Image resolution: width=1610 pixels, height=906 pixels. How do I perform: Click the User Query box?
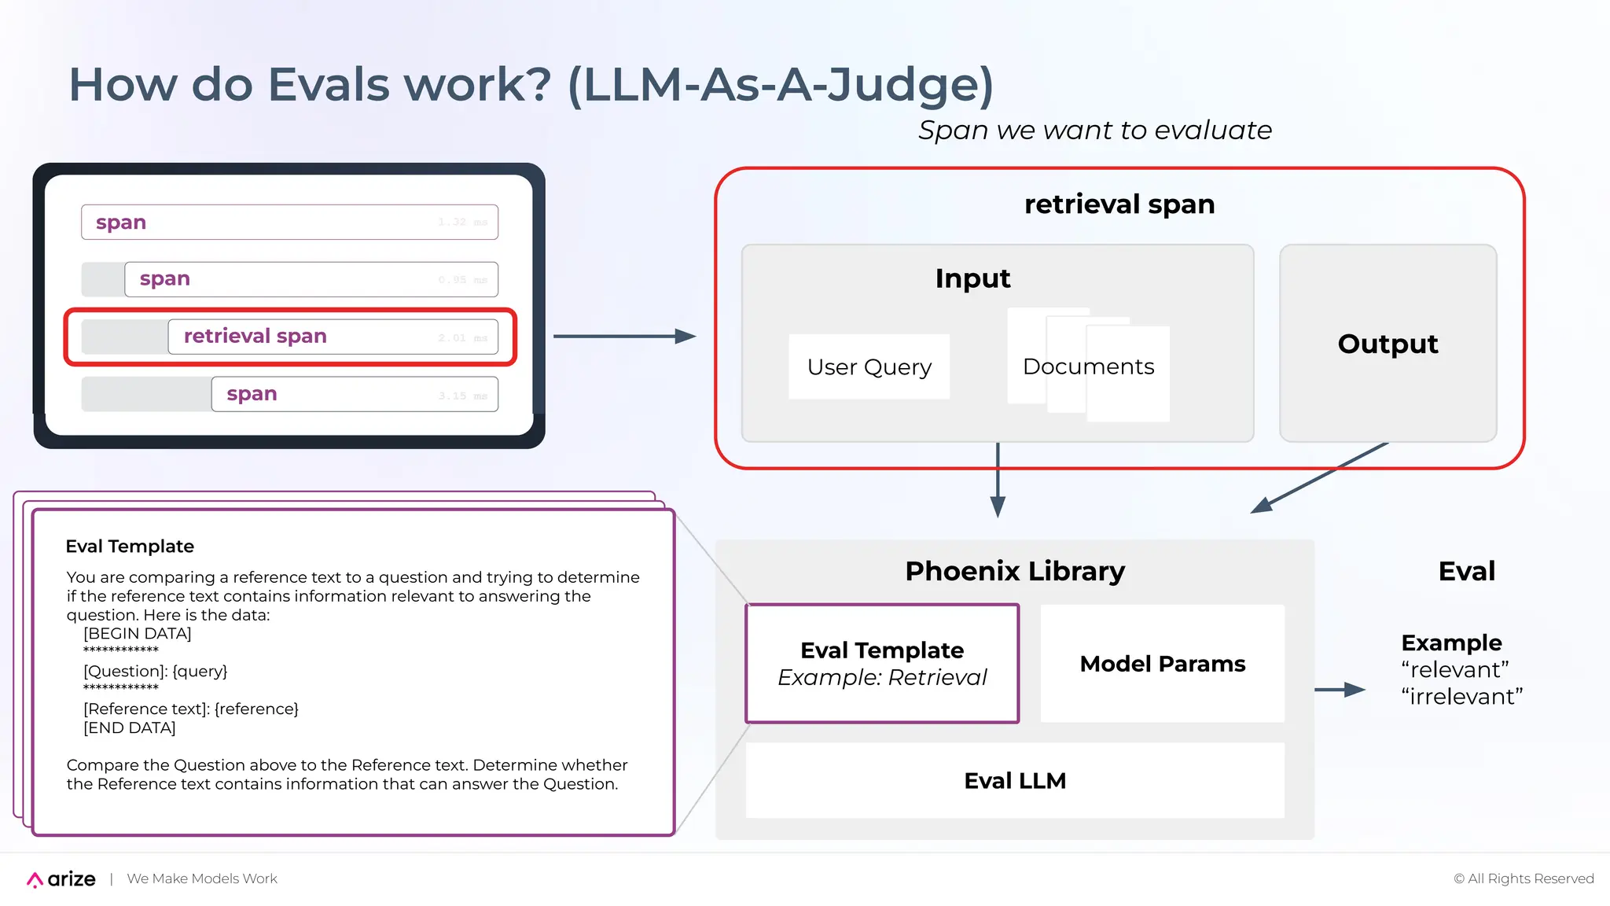[869, 367]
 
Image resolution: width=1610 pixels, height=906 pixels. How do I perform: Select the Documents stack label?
[1088, 366]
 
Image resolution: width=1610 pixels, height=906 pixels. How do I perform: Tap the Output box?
[1388, 344]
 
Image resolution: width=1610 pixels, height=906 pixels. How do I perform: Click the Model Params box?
[1162, 664]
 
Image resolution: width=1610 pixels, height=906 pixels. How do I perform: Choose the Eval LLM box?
[1014, 780]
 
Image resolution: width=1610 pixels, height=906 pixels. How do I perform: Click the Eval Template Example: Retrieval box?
[882, 664]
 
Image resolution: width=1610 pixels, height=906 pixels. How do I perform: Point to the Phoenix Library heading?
[1014, 571]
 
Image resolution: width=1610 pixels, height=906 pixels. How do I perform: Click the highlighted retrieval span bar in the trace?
[332, 337]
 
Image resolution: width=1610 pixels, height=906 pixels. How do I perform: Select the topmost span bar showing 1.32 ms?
[289, 223]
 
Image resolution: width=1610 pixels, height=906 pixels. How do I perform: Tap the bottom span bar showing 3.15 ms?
[354, 394]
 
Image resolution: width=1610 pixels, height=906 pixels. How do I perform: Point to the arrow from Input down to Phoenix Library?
[998, 480]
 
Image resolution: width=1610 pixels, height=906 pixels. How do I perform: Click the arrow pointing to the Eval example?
[1340, 690]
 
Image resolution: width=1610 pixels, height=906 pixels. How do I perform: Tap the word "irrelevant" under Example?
[1461, 697]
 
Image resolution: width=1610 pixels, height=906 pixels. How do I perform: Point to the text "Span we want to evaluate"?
[1094, 131]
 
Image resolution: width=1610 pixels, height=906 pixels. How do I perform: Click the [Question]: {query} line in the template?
[155, 671]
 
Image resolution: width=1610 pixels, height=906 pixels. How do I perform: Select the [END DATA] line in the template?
[129, 728]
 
